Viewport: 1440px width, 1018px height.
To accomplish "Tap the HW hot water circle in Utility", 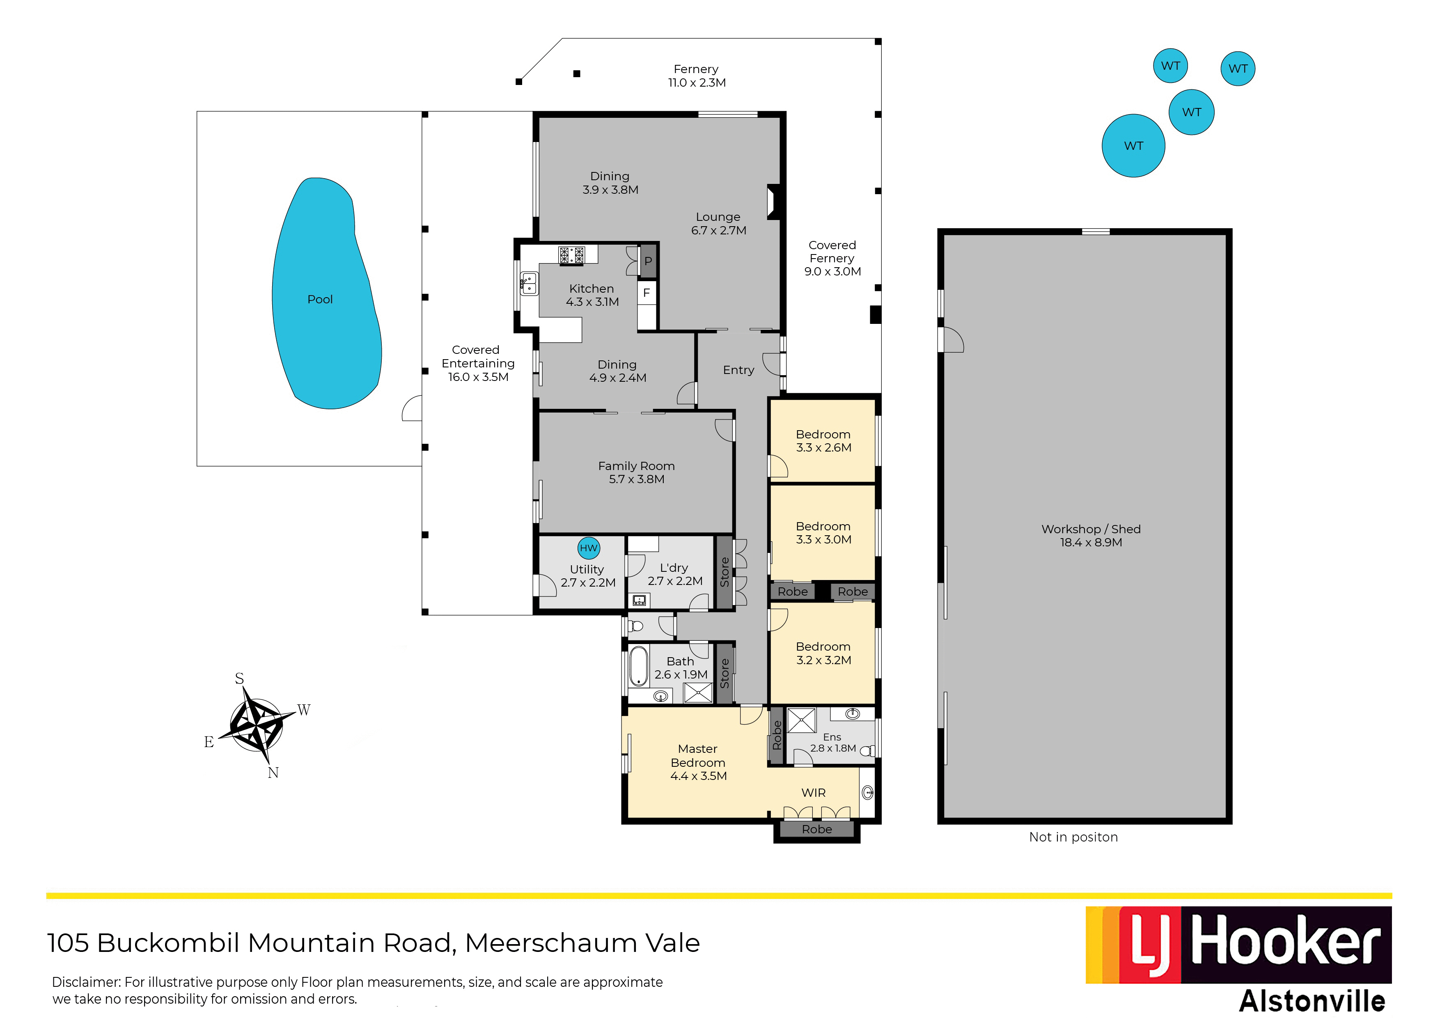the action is (x=588, y=548).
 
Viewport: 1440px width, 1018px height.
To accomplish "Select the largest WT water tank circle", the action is (x=1133, y=146).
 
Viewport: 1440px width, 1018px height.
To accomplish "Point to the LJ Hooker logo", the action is (x=1239, y=945).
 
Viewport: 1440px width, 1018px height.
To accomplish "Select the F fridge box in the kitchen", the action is (x=647, y=293).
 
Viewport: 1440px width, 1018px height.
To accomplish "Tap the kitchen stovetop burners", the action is (x=571, y=254).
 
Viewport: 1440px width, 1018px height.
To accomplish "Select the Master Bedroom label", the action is (x=698, y=762).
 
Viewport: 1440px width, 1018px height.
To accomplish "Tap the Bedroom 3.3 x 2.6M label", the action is (x=823, y=441).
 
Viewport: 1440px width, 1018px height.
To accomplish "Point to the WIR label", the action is (x=814, y=793).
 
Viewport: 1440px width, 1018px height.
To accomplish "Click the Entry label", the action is (x=738, y=370).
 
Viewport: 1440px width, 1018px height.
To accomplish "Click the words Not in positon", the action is (x=1073, y=837).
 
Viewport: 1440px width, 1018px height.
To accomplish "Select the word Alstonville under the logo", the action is (x=1312, y=1001).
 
